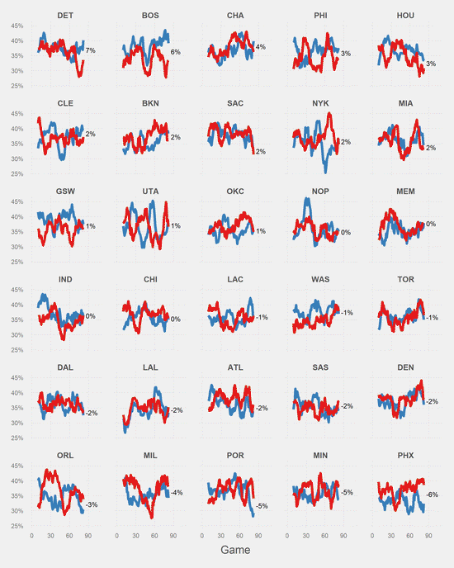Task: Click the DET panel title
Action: pyautogui.click(x=65, y=16)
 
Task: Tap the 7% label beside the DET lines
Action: pyautogui.click(x=91, y=51)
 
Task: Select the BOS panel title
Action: pyautogui.click(x=151, y=16)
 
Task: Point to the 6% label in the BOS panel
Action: pyautogui.click(x=176, y=52)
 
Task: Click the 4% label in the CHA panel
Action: pyautogui.click(x=261, y=47)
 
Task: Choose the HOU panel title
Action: pyautogui.click(x=405, y=16)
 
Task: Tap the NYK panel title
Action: pyautogui.click(x=320, y=103)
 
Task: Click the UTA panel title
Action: pyautogui.click(x=150, y=191)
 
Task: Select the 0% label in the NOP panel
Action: pyautogui.click(x=345, y=233)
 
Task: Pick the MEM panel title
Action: pyautogui.click(x=405, y=191)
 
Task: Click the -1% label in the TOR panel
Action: pyautogui.click(x=432, y=318)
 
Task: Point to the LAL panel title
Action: pyautogui.click(x=150, y=367)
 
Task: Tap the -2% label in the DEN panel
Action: pyautogui.click(x=432, y=401)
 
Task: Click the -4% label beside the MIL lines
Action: pyautogui.click(x=177, y=493)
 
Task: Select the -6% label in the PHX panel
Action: pyautogui.click(x=433, y=495)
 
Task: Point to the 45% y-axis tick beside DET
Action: pyautogui.click(x=17, y=26)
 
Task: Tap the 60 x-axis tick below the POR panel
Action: pyautogui.click(x=239, y=535)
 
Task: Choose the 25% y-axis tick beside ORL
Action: pyautogui.click(x=17, y=525)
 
